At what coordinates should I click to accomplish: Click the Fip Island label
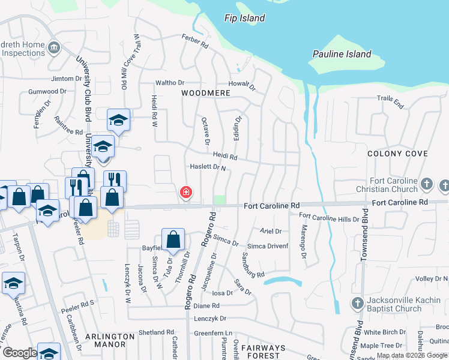[244, 18]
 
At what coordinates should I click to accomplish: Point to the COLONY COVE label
[397, 154]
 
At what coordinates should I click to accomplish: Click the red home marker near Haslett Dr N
[186, 193]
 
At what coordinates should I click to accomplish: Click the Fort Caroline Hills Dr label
[328, 218]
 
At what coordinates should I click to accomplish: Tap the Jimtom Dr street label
[67, 79]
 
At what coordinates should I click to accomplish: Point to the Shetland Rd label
[155, 332]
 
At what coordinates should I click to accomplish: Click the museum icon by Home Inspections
[54, 47]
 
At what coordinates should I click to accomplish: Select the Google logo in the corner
[20, 353]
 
